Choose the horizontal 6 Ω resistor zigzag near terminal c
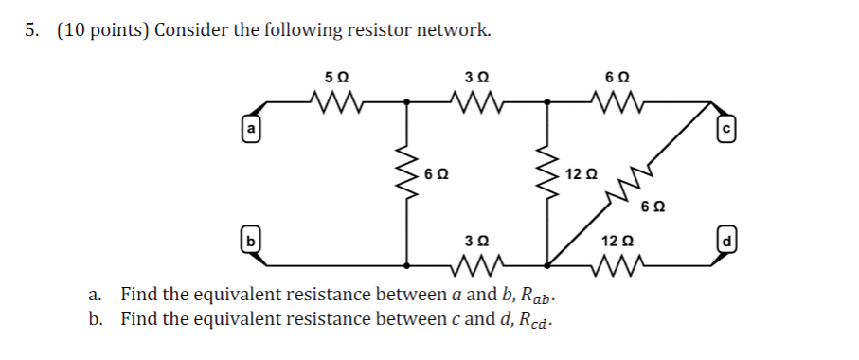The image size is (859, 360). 607,99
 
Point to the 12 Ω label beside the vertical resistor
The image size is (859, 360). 580,174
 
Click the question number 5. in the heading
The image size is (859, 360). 32,30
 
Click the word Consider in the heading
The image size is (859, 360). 192,30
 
